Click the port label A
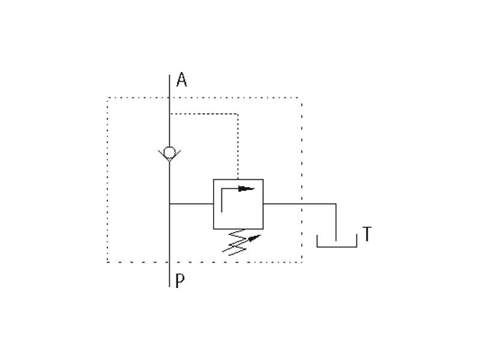(x=181, y=80)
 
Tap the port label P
(x=180, y=280)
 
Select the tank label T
(x=367, y=235)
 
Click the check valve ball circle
(x=170, y=151)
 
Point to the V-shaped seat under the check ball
(x=170, y=158)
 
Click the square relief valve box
(x=238, y=204)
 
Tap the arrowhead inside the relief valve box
(x=247, y=189)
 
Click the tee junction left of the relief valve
(x=170, y=204)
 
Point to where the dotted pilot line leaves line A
(x=170, y=113)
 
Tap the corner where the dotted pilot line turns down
(x=238, y=113)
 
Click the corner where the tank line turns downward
(x=336, y=204)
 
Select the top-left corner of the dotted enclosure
(x=108, y=98)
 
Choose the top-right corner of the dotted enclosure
(x=301, y=98)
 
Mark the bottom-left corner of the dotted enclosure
(x=108, y=262)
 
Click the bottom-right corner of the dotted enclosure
(x=301, y=262)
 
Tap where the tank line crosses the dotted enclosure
(x=301, y=204)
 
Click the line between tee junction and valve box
(x=191, y=204)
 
